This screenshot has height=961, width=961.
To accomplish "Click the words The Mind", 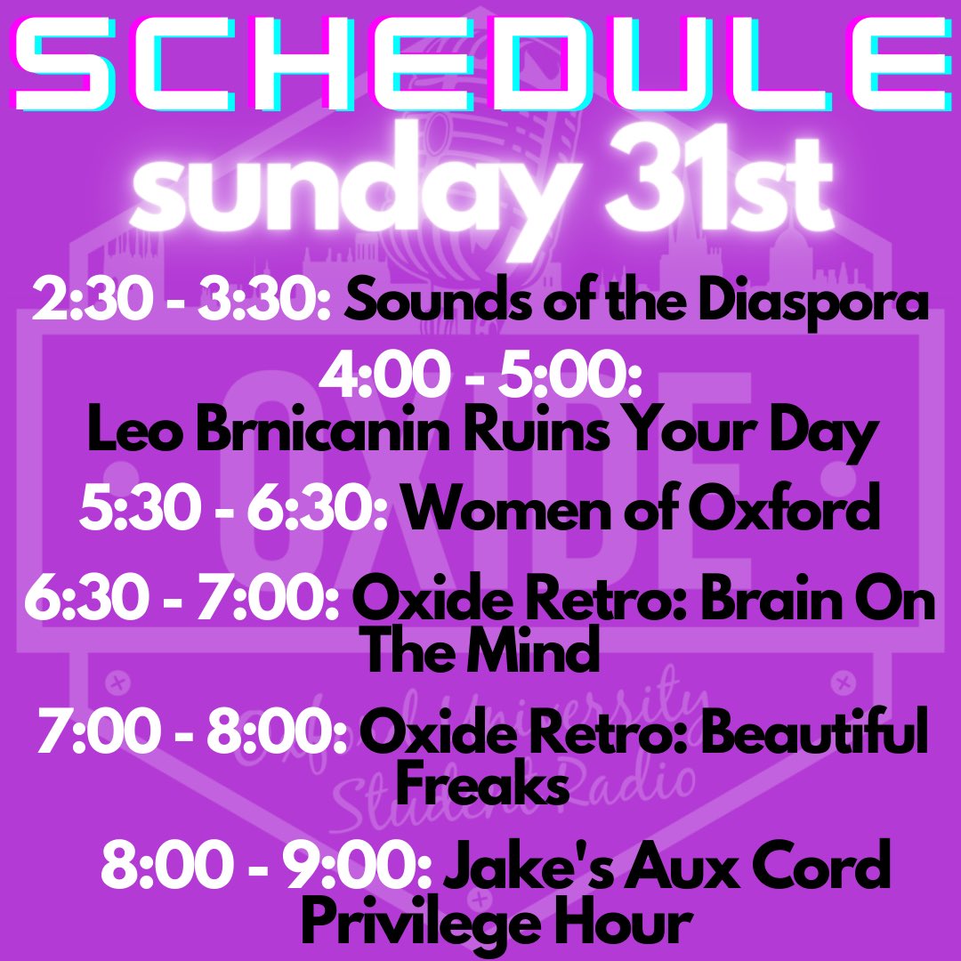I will click(x=481, y=653).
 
